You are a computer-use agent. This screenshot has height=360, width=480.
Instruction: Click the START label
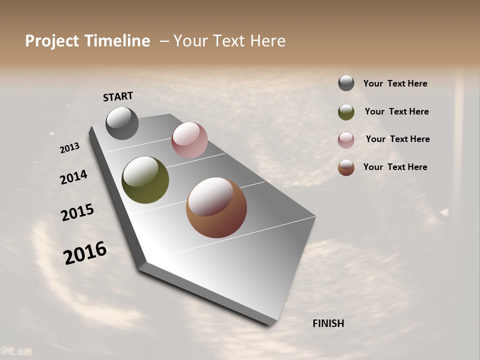pos(118,96)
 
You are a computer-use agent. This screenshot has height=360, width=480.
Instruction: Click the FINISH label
pos(328,323)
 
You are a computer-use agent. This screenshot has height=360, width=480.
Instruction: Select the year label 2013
pos(70,148)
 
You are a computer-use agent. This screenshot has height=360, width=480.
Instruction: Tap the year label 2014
pos(74,177)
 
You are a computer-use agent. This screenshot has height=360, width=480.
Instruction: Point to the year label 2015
pos(77,212)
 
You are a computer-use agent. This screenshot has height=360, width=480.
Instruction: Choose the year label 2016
pos(85,253)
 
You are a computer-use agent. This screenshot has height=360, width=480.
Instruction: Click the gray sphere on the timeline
pos(122,123)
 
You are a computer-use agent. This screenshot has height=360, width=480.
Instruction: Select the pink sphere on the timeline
pos(189,140)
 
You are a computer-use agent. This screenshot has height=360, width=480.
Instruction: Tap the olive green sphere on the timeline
pos(145,180)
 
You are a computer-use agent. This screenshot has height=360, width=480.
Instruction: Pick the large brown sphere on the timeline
pos(216,207)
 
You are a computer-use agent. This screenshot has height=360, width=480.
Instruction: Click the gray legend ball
pos(346,83)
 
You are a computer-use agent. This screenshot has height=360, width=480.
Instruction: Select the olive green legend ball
pos(346,112)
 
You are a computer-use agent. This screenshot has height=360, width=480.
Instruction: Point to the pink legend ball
pos(346,140)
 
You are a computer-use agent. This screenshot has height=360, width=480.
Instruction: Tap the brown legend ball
pos(346,167)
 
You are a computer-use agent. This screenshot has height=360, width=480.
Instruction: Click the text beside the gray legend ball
pos(395,84)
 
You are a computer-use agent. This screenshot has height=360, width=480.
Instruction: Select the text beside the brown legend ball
pos(395,167)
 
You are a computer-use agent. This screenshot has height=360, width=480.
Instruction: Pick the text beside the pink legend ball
pos(397,139)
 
